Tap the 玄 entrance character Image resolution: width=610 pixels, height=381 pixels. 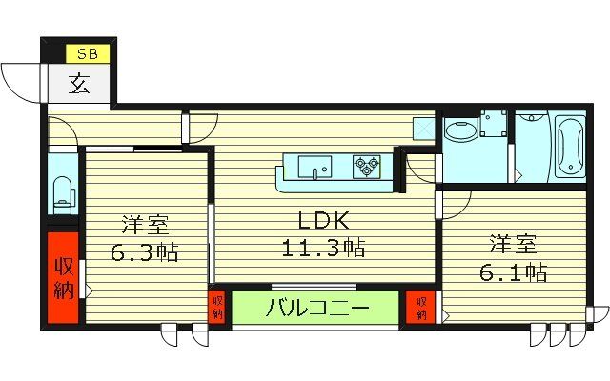click(80, 85)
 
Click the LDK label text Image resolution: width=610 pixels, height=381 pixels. click(321, 222)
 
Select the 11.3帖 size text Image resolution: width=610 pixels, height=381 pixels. click(321, 250)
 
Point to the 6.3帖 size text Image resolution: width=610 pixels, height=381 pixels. click(145, 253)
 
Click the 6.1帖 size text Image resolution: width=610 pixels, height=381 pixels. click(512, 271)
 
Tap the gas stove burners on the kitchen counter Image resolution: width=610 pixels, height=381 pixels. click(366, 166)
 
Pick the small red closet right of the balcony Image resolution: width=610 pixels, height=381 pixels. click(420, 307)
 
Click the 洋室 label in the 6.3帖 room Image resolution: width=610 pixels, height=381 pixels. click(145, 226)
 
